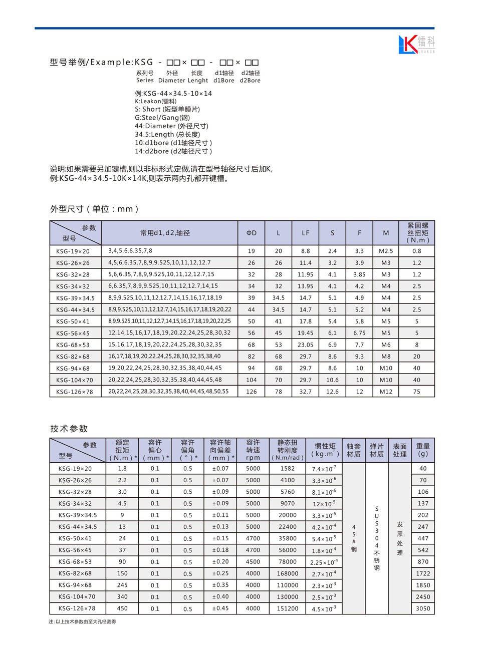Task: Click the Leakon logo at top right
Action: click(x=416, y=44)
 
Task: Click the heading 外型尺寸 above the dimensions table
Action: click(x=94, y=209)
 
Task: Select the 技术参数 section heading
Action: click(x=69, y=429)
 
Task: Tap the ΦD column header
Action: click(x=252, y=233)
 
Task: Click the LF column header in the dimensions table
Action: click(x=306, y=233)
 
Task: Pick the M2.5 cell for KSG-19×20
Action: click(x=386, y=251)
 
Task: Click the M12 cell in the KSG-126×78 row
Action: click(x=386, y=392)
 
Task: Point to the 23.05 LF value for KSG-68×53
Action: click(x=306, y=345)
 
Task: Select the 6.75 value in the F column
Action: click(x=359, y=333)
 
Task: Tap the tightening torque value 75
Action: click(x=417, y=392)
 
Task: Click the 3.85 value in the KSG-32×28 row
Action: click(x=359, y=274)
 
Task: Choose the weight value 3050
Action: click(x=423, y=608)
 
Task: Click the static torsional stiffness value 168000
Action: click(x=288, y=573)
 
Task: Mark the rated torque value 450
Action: click(x=122, y=608)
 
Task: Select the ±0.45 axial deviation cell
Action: click(x=220, y=608)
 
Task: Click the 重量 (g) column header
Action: click(x=423, y=450)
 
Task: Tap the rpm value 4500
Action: click(x=253, y=562)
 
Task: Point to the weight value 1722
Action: click(x=423, y=573)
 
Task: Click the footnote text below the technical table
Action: click(x=82, y=622)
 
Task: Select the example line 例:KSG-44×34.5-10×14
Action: click(x=173, y=93)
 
